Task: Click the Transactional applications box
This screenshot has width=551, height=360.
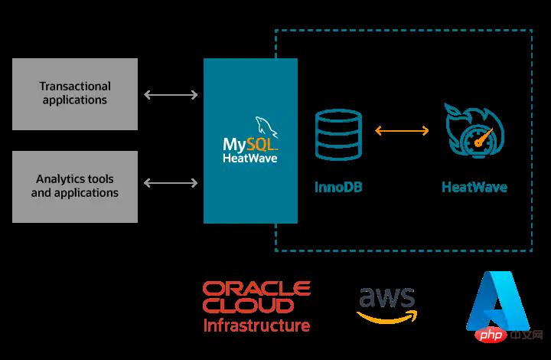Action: click(75, 93)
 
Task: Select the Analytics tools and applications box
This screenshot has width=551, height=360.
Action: click(75, 186)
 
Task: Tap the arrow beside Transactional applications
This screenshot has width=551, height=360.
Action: click(170, 94)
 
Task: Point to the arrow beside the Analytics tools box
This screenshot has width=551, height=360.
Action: click(170, 183)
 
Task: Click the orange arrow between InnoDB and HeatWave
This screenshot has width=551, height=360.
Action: click(402, 131)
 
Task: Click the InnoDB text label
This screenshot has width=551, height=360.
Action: click(337, 186)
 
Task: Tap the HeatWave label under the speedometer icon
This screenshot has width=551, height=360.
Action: click(474, 186)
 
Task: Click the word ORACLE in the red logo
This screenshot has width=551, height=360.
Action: click(256, 289)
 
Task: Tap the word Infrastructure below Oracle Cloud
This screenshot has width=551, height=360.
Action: click(256, 326)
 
